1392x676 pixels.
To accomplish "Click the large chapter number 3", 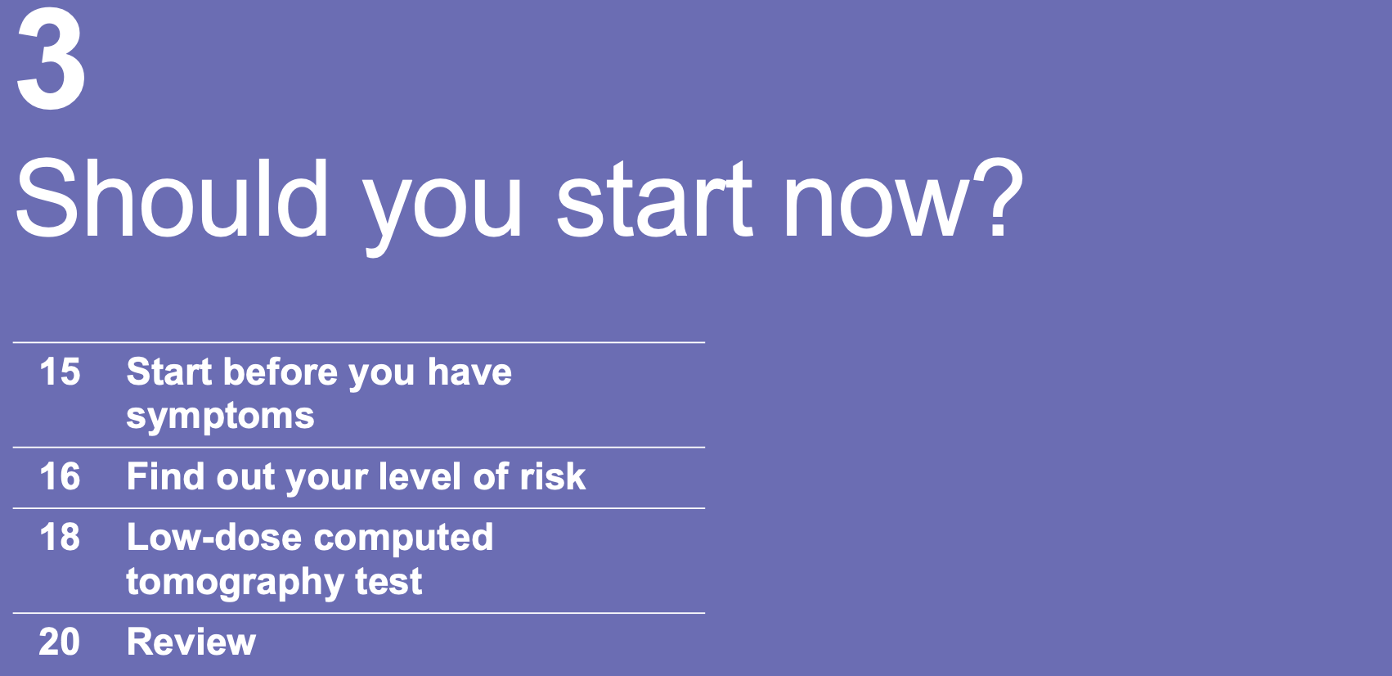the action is coord(51,61).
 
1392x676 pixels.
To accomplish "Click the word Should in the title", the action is coord(172,199).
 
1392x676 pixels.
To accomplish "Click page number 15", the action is coord(60,372).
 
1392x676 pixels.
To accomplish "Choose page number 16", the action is coord(60,476).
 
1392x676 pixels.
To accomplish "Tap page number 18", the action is coord(60,537).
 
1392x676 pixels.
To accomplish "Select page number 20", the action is coord(60,642).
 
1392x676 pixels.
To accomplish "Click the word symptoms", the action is coord(220,417).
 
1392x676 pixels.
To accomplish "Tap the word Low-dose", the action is coord(213,537).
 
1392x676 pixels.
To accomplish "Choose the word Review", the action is coord(191,642).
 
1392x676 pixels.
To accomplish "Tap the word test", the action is coord(388,582).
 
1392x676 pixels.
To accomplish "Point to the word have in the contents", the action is coord(469,372).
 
